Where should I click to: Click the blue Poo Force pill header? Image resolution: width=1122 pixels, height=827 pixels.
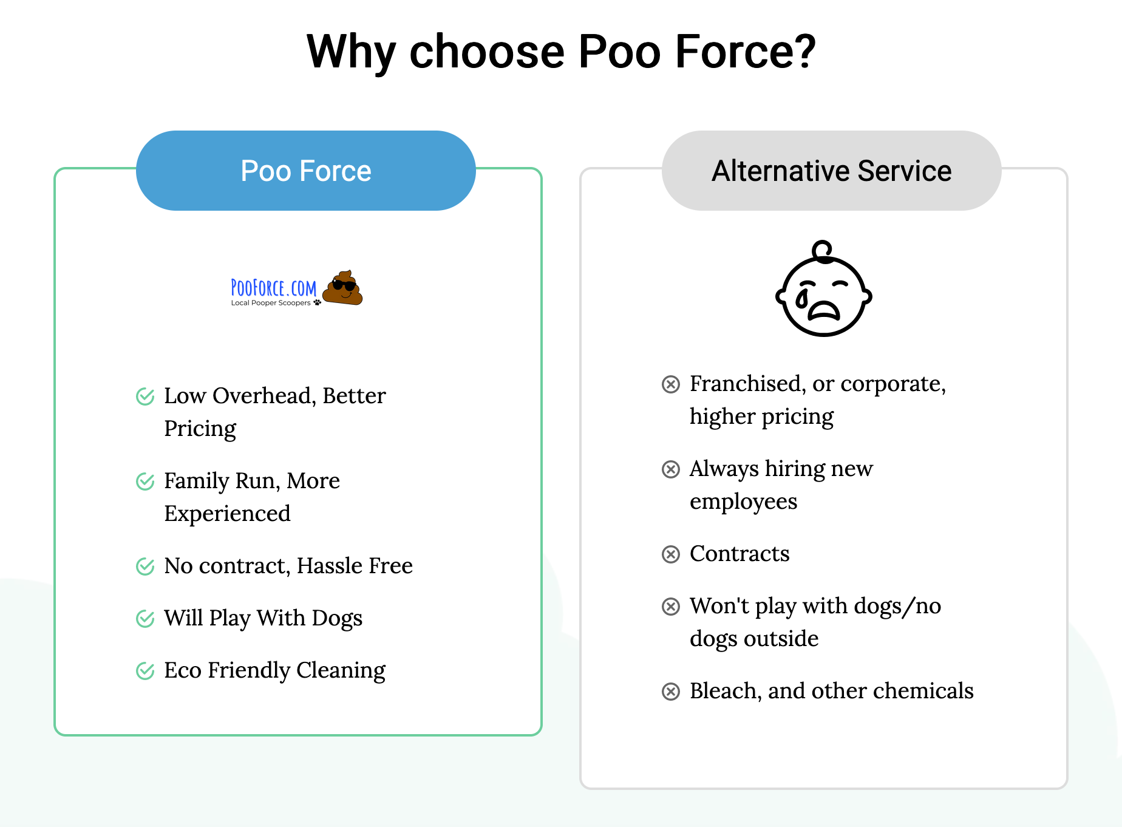point(306,171)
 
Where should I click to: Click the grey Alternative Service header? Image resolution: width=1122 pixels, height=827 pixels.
point(831,171)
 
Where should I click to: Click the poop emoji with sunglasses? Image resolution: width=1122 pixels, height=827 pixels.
point(342,288)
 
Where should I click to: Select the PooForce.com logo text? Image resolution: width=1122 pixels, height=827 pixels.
point(273,288)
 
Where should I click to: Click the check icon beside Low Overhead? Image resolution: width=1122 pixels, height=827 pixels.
point(145,396)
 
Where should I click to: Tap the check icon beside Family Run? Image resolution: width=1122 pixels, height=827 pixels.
point(145,482)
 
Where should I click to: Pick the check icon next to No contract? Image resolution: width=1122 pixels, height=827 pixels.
point(145,567)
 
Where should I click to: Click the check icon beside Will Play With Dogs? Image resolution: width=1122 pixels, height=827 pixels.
point(145,619)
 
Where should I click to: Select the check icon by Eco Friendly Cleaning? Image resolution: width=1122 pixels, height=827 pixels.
point(145,671)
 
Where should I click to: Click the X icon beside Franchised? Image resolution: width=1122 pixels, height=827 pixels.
point(671,384)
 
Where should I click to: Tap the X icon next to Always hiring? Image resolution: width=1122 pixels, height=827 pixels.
point(671,469)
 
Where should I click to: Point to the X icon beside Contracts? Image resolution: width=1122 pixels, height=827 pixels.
point(671,554)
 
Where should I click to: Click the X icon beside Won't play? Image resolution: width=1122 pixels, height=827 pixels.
point(671,607)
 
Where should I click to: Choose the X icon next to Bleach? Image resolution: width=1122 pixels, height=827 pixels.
point(671,692)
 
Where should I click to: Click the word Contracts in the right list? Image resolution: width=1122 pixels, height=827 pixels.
point(739,554)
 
